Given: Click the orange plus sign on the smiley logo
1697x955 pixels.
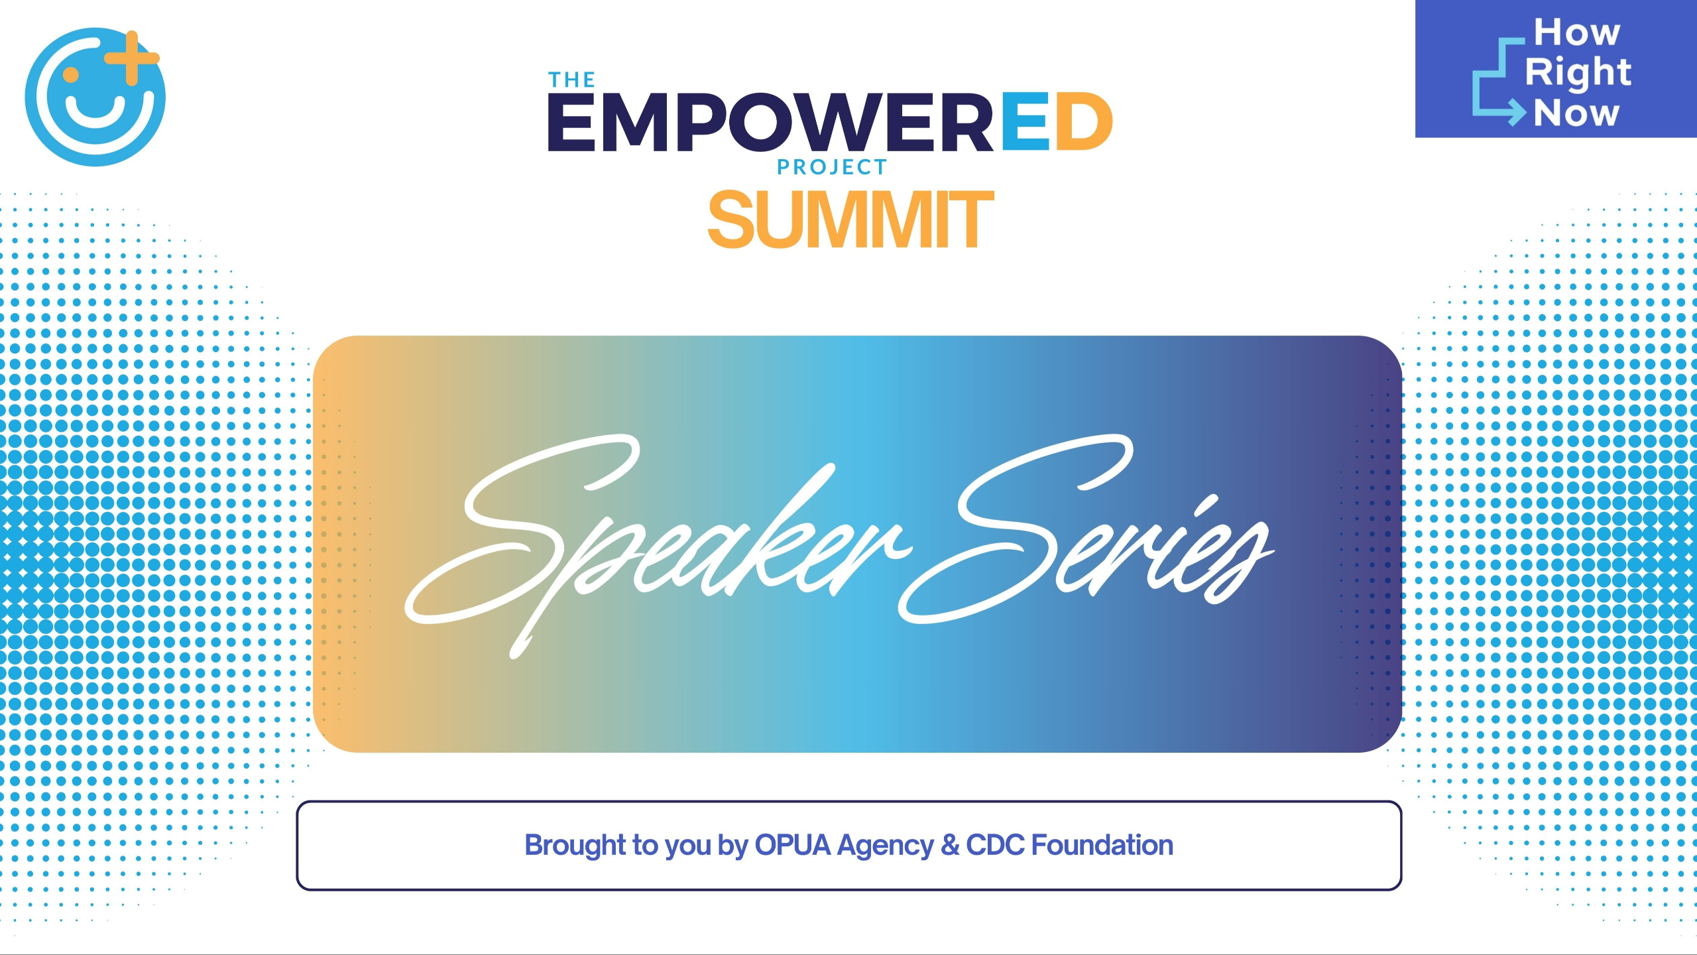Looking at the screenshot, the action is point(132,58).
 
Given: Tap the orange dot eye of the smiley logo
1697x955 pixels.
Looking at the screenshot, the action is point(71,74).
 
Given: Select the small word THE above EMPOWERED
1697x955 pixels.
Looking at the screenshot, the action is point(571,80).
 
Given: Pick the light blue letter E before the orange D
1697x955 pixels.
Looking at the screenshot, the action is point(1025,121).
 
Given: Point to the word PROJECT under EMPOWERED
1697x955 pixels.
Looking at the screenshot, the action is point(832,167).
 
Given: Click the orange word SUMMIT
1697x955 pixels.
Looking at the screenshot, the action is point(851,220).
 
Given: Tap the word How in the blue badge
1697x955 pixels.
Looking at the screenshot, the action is point(1577,32).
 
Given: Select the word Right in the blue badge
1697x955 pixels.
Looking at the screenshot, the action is point(1578,72).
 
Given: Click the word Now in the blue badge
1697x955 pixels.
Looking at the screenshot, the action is point(1576,113).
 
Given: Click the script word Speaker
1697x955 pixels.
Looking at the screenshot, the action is point(656,544).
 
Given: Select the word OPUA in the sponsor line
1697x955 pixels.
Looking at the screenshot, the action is point(793,845).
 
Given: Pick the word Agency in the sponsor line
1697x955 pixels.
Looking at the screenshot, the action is point(886,847).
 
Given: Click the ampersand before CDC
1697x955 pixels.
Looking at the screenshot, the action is point(950,845).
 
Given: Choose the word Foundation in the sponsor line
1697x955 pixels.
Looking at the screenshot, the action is point(1102,845).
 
